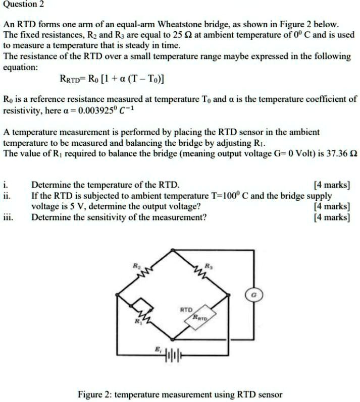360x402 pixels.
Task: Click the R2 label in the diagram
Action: coord(135,265)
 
